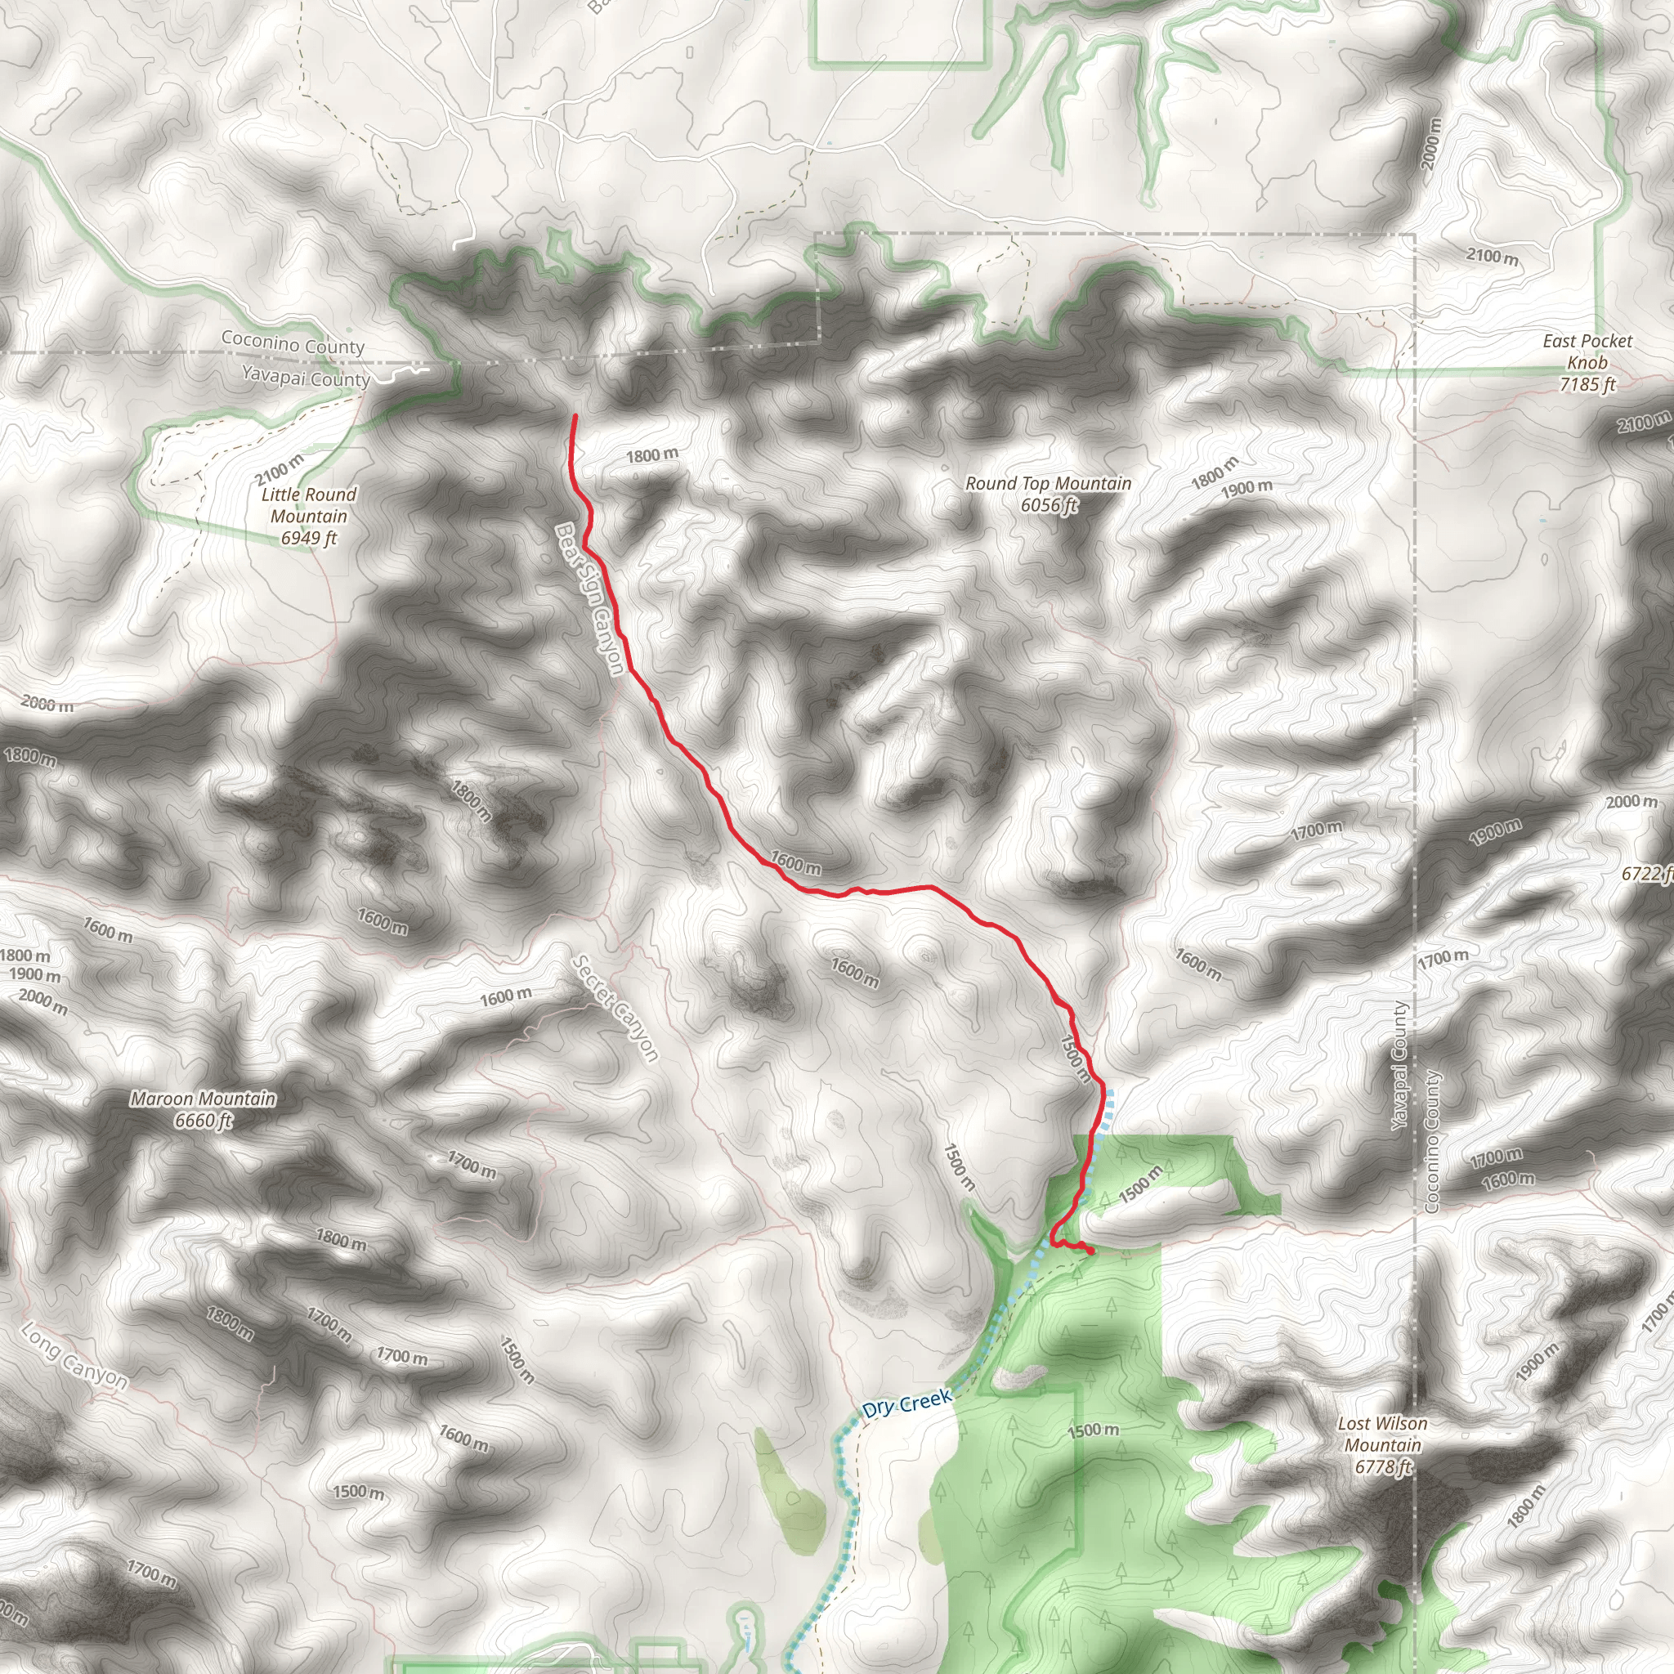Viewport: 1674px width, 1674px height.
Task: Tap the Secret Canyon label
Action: pyautogui.click(x=616, y=1009)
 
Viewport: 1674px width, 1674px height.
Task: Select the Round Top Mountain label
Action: pyautogui.click(x=1049, y=484)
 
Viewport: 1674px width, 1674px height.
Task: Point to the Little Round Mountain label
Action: pyautogui.click(x=308, y=505)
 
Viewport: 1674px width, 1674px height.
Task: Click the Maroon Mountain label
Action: pyautogui.click(x=204, y=1099)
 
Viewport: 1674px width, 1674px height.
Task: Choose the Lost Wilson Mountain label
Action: pyautogui.click(x=1382, y=1434)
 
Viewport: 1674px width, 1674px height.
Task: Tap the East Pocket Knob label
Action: pyautogui.click(x=1587, y=351)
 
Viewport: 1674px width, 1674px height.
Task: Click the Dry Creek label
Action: pyautogui.click(x=907, y=1403)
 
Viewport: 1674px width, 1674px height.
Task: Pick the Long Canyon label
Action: pyautogui.click(x=74, y=1356)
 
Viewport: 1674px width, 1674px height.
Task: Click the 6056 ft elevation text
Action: pyautogui.click(x=1049, y=505)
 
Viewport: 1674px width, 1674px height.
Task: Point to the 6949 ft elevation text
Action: pyautogui.click(x=308, y=538)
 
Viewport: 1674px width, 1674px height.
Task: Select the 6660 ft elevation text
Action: pyautogui.click(x=204, y=1121)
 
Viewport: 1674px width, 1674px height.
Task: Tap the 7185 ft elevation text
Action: pyautogui.click(x=1587, y=385)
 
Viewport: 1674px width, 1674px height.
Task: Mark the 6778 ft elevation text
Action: pyautogui.click(x=1383, y=1467)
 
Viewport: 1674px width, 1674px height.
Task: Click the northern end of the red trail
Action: pyautogui.click(x=575, y=417)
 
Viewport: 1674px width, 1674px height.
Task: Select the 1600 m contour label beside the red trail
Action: pyautogui.click(x=795, y=863)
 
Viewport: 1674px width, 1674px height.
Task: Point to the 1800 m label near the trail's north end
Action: pyautogui.click(x=652, y=456)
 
